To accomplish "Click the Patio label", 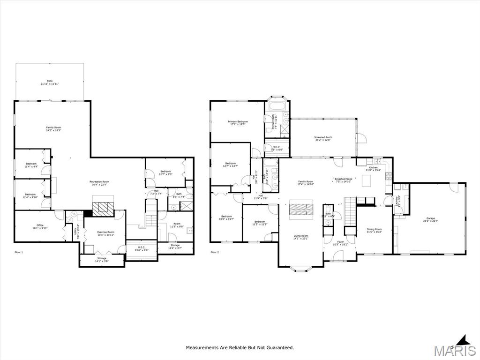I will click(49, 82).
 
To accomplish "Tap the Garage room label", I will click(430, 220).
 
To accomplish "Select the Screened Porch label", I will click(323, 138).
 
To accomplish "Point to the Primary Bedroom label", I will click(238, 123).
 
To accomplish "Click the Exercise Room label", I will click(105, 233).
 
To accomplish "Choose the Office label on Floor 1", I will click(40, 226).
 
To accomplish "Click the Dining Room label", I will click(374, 230).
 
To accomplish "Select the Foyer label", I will click(340, 243).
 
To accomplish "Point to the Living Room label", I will click(300, 237).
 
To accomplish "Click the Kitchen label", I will click(373, 168).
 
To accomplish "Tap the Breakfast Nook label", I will click(344, 180).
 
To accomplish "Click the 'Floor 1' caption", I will click(18, 252).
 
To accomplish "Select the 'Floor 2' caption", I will click(214, 252).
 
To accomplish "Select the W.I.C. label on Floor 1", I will click(141, 248).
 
